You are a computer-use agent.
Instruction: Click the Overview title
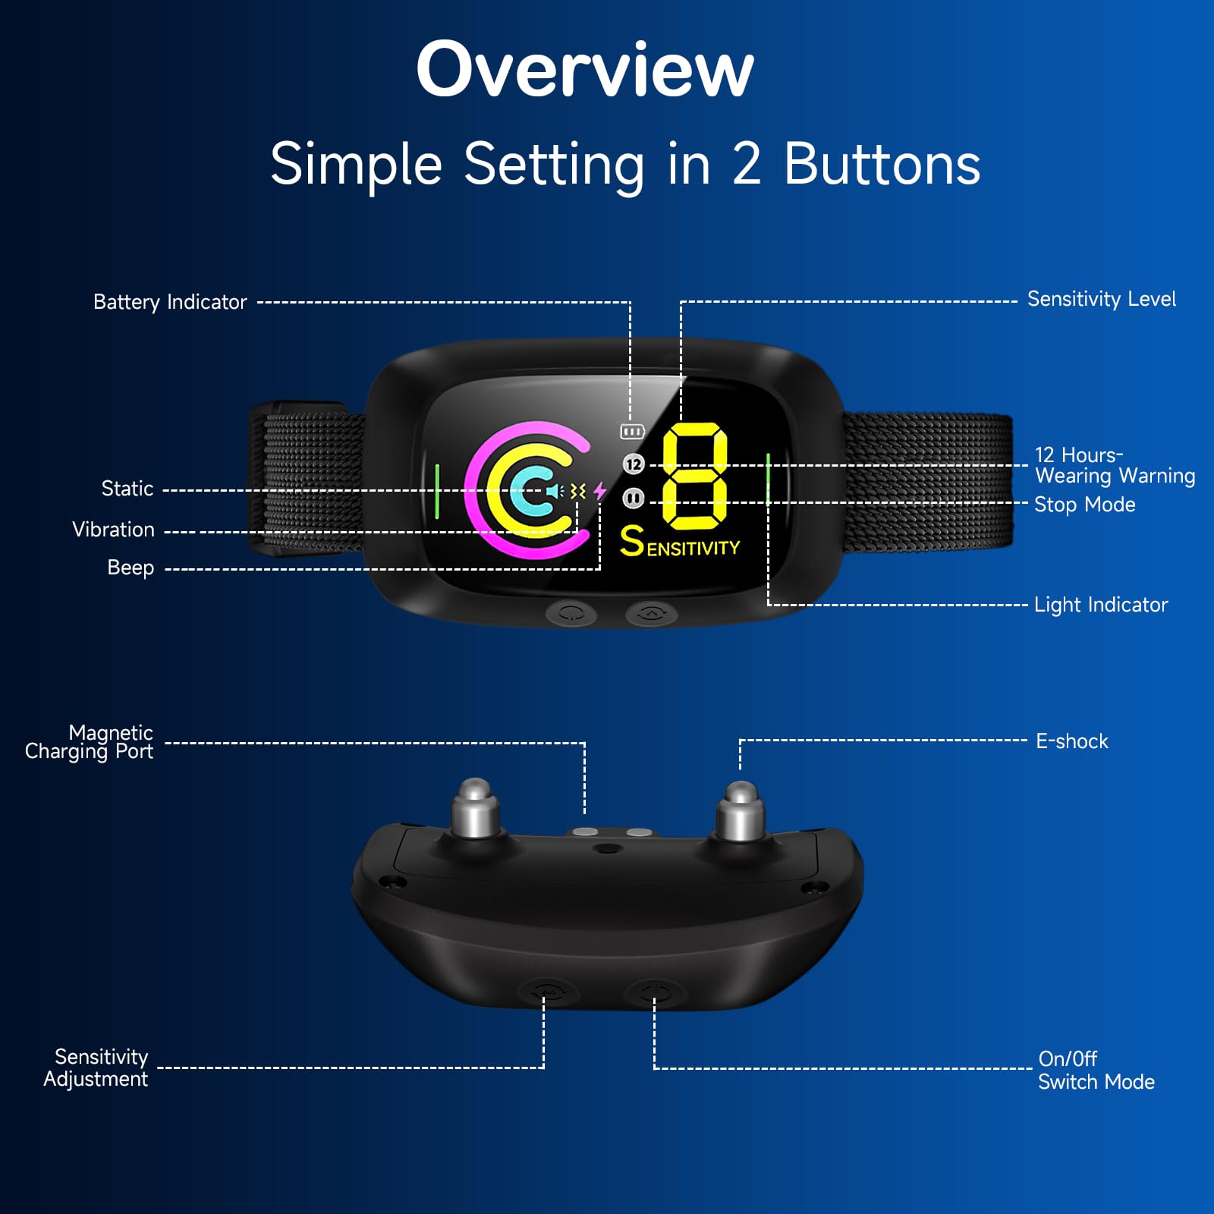click(x=585, y=70)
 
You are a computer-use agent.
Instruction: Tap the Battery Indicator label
click(x=170, y=302)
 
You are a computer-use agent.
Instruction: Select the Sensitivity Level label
click(x=1101, y=299)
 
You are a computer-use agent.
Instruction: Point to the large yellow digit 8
click(x=695, y=476)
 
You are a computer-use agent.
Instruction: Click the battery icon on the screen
click(x=632, y=432)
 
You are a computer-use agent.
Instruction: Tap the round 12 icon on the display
click(x=634, y=464)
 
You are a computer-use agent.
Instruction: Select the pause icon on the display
click(x=634, y=498)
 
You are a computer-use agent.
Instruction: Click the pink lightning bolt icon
click(x=600, y=491)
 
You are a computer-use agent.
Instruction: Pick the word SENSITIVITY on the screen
click(x=680, y=542)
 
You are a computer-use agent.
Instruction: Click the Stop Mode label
click(x=1084, y=505)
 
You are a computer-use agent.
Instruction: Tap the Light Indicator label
click(x=1101, y=605)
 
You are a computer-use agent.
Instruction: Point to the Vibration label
click(x=113, y=530)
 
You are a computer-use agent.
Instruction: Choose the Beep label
click(x=131, y=568)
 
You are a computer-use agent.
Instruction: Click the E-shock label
click(x=1072, y=741)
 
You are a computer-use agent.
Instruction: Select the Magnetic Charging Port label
click(x=90, y=742)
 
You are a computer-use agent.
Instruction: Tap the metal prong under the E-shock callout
click(x=741, y=812)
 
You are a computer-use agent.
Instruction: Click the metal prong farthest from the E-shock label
click(x=475, y=808)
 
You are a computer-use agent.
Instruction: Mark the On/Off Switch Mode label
click(x=1096, y=1070)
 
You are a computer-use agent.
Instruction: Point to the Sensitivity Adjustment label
click(x=96, y=1068)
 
